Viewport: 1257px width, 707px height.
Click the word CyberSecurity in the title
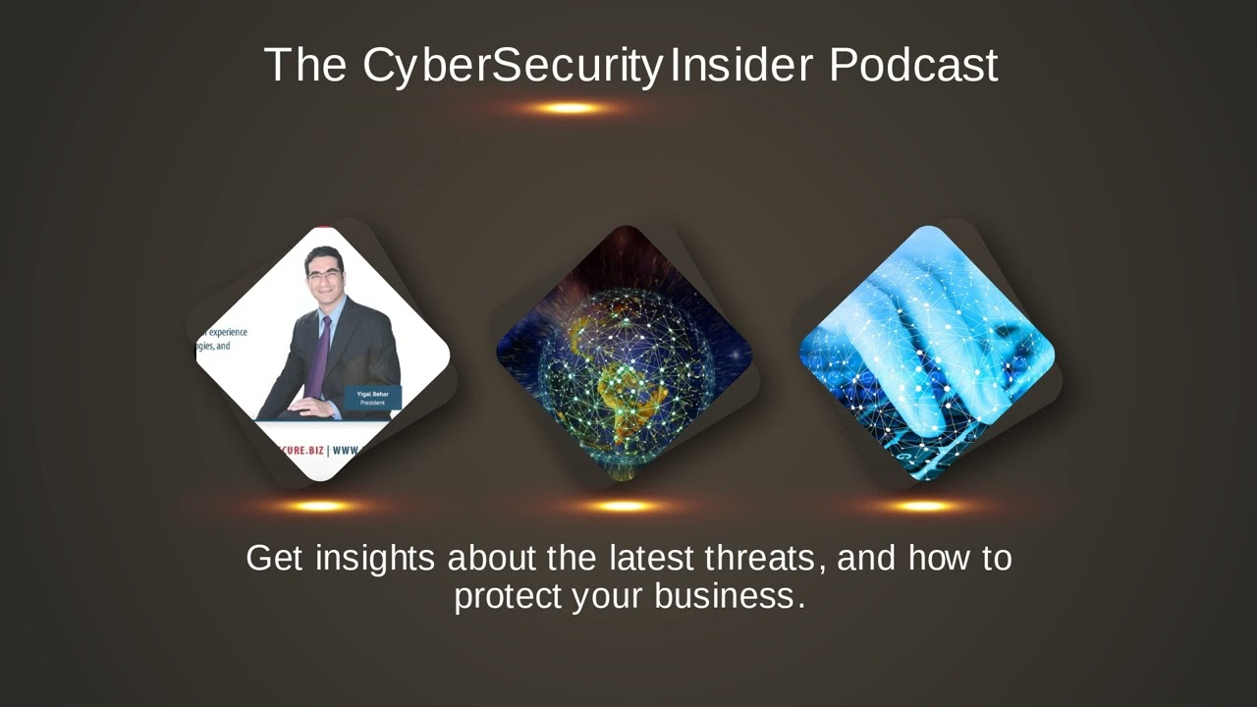click(x=513, y=65)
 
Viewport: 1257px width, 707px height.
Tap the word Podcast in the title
click(x=913, y=65)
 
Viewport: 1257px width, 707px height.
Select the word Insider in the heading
click(x=741, y=65)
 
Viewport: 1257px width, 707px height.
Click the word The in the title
click(x=305, y=65)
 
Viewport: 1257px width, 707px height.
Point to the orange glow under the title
click(x=569, y=108)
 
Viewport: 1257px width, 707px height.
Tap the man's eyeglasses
click(x=323, y=276)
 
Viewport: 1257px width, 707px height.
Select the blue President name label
click(x=372, y=398)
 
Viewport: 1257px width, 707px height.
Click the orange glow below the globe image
click(x=623, y=507)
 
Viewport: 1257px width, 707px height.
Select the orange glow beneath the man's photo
click(x=319, y=507)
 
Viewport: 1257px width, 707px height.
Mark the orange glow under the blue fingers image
click(x=923, y=507)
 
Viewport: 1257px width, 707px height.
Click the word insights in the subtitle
click(x=374, y=558)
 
